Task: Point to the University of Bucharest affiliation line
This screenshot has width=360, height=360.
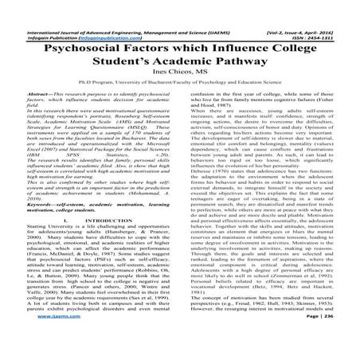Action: pos(179,81)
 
